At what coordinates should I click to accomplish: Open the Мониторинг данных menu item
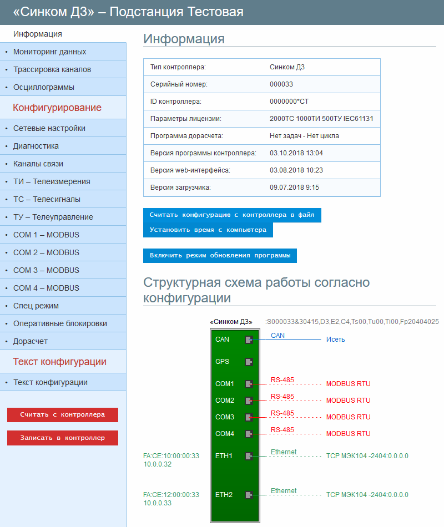(x=50, y=52)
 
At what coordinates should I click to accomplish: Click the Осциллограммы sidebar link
(x=44, y=87)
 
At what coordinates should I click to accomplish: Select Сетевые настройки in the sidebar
(x=49, y=128)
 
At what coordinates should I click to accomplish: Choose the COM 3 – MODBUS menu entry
(x=46, y=270)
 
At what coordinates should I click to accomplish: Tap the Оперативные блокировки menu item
(x=60, y=323)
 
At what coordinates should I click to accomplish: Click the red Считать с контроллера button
(x=63, y=414)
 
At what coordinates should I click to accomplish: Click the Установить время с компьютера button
(x=208, y=230)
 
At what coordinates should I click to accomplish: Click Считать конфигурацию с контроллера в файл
(x=232, y=215)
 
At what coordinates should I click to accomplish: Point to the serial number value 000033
(x=281, y=84)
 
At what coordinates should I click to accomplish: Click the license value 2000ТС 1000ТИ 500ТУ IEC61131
(x=321, y=119)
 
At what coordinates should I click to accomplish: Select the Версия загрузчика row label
(x=180, y=188)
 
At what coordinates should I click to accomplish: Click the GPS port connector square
(x=249, y=362)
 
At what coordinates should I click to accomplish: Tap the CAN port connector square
(x=249, y=339)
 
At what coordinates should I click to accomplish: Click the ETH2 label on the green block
(x=224, y=495)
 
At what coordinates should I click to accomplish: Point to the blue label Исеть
(x=336, y=339)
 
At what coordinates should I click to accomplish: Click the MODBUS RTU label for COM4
(x=348, y=434)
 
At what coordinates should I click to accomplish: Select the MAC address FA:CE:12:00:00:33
(x=171, y=495)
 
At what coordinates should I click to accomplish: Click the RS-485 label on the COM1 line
(x=282, y=380)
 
